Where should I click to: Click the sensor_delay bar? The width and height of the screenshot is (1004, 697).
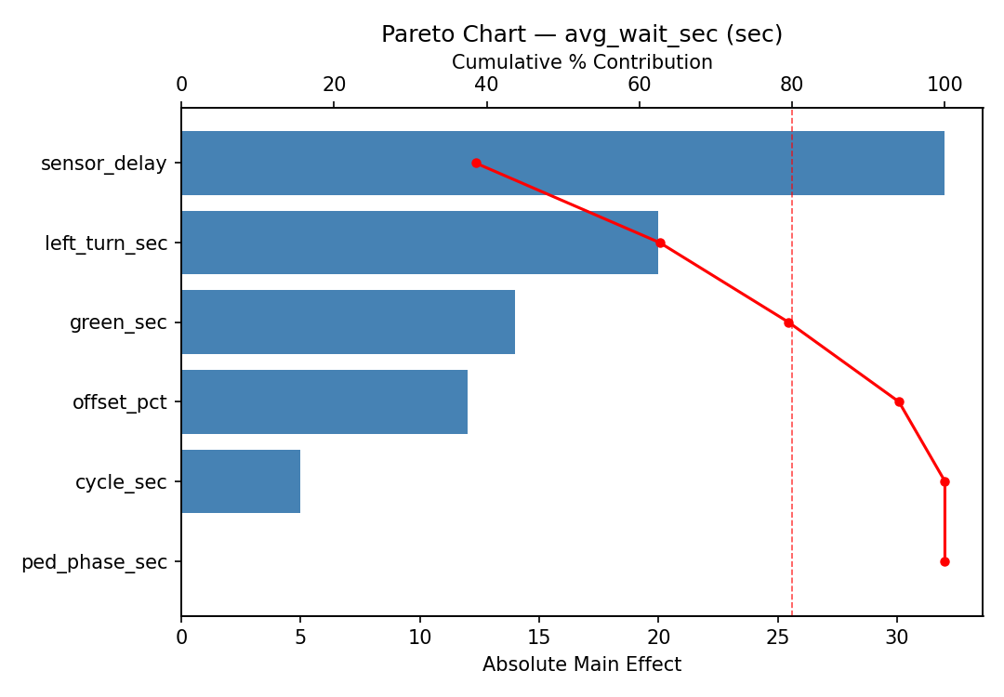[562, 163]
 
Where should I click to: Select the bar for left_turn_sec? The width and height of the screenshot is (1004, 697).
[419, 243]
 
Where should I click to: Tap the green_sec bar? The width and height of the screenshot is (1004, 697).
[348, 322]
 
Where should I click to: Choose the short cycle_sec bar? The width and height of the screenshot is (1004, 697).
[241, 481]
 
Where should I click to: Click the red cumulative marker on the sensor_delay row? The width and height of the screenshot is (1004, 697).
[476, 163]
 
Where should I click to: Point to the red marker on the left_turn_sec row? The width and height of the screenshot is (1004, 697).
[660, 243]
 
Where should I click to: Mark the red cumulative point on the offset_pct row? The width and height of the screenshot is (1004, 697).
[899, 401]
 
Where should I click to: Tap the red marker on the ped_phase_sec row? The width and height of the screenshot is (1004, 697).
[945, 561]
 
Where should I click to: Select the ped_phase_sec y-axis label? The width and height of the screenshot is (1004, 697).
[94, 562]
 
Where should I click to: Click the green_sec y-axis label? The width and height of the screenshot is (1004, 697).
[118, 323]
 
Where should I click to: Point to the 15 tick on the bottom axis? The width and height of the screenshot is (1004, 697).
[539, 638]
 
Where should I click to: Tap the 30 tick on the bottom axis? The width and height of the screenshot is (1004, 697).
[897, 638]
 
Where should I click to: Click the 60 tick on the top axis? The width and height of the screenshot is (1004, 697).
[640, 85]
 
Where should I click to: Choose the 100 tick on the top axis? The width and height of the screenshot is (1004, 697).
[945, 85]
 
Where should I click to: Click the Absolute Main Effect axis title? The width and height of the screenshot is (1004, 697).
[582, 665]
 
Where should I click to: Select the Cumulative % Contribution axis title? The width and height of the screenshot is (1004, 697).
[582, 62]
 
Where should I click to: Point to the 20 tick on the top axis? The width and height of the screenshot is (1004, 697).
[334, 85]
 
